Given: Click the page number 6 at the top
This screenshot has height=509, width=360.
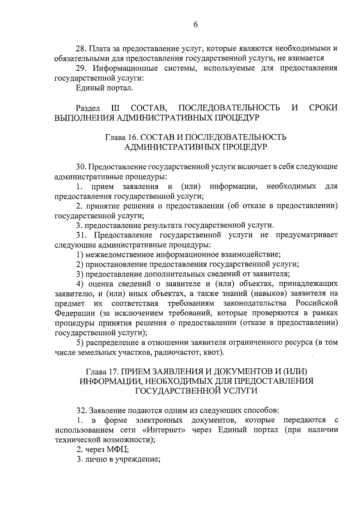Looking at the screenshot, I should [195, 25].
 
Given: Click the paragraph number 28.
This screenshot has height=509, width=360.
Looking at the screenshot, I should [81, 48].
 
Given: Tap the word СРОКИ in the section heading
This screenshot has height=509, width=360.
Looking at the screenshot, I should [323, 108].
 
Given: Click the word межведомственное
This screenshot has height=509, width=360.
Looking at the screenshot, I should [120, 255].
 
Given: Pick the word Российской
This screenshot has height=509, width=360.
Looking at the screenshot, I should [316, 303].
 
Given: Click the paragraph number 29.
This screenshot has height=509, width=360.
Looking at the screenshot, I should [81, 68].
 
